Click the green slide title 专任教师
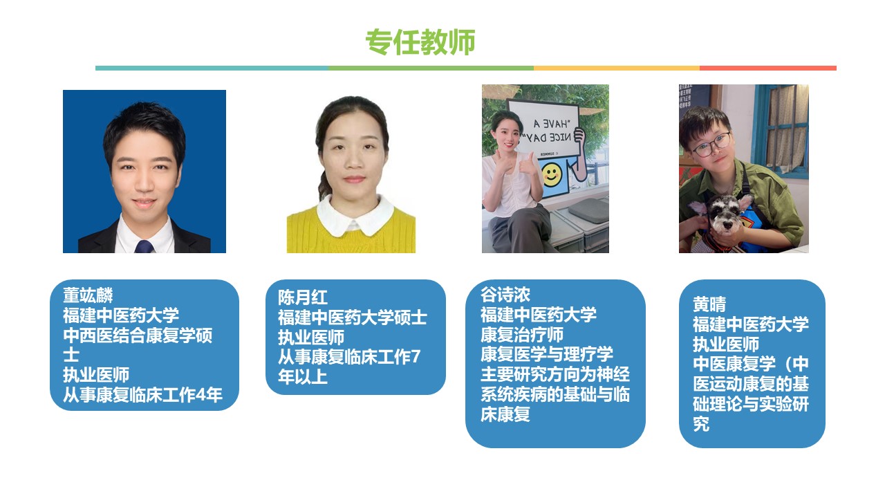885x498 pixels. [x=420, y=41]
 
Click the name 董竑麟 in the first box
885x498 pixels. [x=88, y=295]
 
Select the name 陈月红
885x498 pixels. [x=303, y=297]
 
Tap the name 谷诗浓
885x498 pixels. [x=505, y=295]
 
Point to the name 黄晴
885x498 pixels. [x=709, y=304]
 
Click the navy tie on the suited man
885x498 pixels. [x=145, y=246]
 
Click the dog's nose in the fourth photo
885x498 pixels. [x=726, y=226]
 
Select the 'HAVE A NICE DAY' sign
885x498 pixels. [x=543, y=129]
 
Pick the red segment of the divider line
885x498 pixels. [x=767, y=68]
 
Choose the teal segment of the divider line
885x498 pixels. [x=212, y=68]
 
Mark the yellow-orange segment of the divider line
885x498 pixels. [x=616, y=68]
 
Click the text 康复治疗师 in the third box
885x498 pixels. [x=522, y=335]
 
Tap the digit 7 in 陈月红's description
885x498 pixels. [x=416, y=356]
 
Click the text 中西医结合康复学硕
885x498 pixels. [x=138, y=335]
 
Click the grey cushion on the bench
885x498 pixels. [x=588, y=211]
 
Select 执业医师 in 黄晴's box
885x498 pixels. [x=726, y=344]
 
